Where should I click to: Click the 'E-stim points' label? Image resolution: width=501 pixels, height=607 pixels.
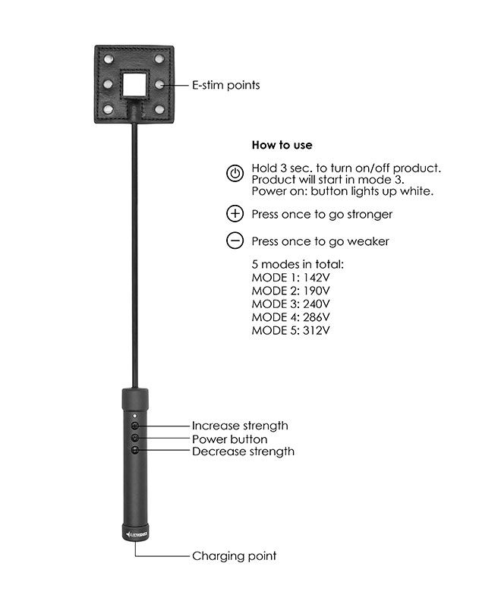click(225, 85)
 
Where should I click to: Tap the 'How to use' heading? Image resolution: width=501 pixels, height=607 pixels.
click(282, 145)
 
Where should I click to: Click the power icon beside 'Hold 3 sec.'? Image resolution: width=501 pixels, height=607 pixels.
click(235, 174)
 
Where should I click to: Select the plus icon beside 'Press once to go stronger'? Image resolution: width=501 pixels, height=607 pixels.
click(235, 214)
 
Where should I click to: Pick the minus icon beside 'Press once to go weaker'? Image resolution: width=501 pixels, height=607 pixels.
click(235, 241)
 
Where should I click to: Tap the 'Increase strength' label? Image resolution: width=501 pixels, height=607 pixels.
click(240, 426)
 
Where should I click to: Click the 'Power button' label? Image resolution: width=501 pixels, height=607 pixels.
click(229, 439)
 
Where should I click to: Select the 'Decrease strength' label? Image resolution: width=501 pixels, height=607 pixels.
click(243, 451)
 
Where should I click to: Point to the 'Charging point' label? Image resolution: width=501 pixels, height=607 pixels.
click(234, 556)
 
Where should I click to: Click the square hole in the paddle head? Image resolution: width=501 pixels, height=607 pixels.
click(137, 83)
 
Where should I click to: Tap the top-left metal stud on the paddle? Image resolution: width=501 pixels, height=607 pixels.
click(106, 58)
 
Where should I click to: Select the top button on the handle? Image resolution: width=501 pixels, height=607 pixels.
click(135, 426)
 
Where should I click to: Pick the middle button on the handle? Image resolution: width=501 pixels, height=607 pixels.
click(135, 439)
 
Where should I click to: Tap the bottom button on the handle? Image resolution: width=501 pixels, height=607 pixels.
click(135, 451)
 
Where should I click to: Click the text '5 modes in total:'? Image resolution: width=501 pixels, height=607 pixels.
click(298, 264)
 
